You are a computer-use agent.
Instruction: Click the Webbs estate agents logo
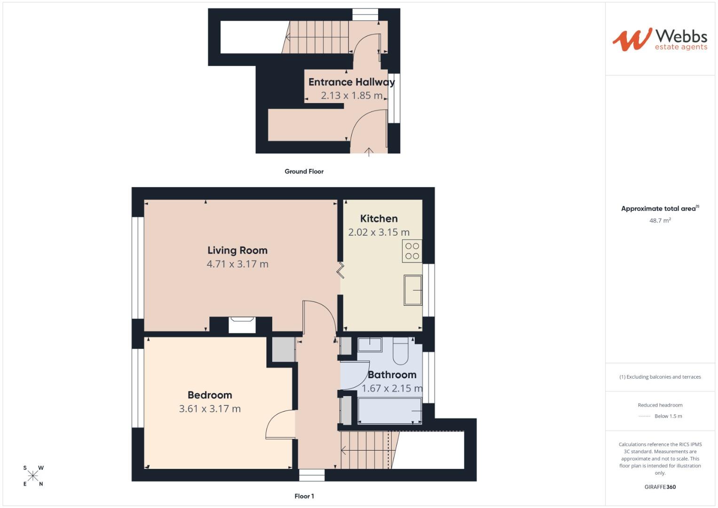pos(659,40)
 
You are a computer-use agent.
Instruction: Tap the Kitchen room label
pos(379,219)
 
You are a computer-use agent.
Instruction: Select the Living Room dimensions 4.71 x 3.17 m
pos(237,264)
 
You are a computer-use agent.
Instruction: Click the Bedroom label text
pos(210,395)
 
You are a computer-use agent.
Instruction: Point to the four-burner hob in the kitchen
pos(412,251)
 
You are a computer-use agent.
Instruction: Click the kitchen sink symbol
pos(413,290)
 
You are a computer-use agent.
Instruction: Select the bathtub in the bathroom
pos(389,411)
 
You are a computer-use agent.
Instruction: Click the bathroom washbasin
pos(370,345)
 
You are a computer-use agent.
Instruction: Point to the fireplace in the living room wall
pos(242,325)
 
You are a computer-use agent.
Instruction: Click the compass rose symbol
pos(33,476)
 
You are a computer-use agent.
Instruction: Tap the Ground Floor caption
pos(304,172)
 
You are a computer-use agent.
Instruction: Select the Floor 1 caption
pos(304,496)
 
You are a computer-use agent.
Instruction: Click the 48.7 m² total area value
pos(660,221)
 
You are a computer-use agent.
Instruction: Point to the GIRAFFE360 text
pos(660,487)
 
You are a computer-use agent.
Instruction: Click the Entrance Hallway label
pos(351,82)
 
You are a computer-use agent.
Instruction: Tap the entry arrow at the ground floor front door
pos(369,151)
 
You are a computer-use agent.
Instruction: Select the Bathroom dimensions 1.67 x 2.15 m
pos(392,389)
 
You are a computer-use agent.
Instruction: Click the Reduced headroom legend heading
pos(660,405)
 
